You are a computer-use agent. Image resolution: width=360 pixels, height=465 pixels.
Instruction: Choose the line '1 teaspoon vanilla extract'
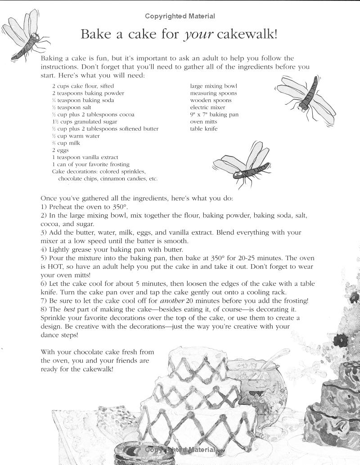click(85, 157)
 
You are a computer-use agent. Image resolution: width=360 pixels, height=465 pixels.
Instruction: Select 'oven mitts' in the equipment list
click(203, 121)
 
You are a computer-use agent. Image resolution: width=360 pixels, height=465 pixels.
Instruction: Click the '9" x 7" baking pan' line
click(214, 115)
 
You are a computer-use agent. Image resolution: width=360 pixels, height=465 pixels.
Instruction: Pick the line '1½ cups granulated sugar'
click(85, 121)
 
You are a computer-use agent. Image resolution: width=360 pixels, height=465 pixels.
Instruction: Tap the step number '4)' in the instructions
click(44, 249)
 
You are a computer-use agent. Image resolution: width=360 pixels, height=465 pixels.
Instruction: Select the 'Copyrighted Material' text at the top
click(180, 16)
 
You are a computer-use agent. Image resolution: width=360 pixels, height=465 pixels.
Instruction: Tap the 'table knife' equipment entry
click(203, 128)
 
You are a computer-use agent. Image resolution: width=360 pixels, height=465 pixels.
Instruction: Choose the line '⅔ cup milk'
click(66, 143)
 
